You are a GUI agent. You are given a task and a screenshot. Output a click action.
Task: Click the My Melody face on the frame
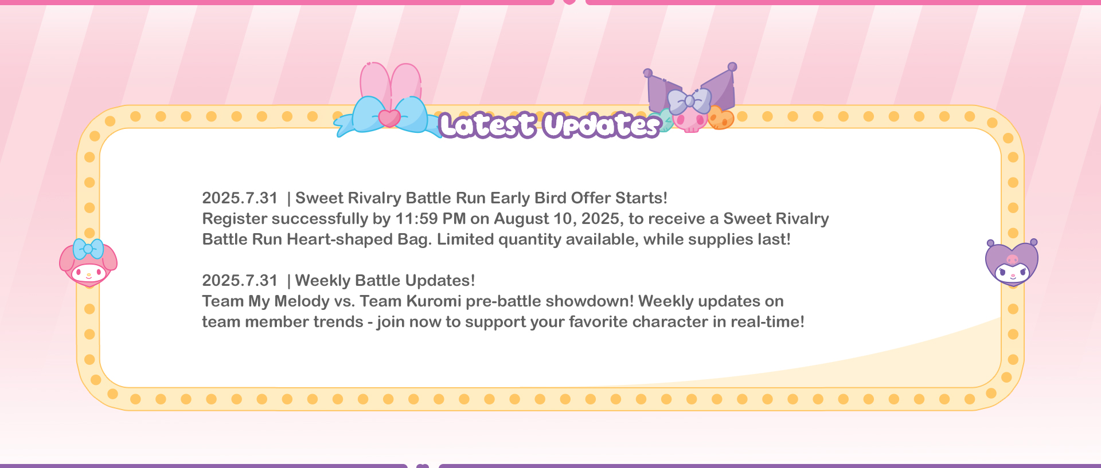pyautogui.click(x=88, y=264)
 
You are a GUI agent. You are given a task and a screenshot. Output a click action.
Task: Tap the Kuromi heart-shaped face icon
pyautogui.click(x=1012, y=262)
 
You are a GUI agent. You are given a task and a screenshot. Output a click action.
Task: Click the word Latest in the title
pyautogui.click(x=488, y=125)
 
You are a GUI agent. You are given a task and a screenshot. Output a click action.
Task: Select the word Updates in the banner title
pyautogui.click(x=602, y=125)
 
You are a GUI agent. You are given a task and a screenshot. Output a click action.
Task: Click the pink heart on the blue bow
pyautogui.click(x=389, y=118)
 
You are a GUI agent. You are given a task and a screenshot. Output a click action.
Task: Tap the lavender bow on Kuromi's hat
pyautogui.click(x=689, y=101)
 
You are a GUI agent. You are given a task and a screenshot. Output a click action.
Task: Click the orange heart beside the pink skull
pyautogui.click(x=721, y=118)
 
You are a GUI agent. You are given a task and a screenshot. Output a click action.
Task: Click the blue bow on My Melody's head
pyautogui.click(x=88, y=249)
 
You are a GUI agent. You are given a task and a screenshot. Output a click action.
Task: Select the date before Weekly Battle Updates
pyautogui.click(x=240, y=281)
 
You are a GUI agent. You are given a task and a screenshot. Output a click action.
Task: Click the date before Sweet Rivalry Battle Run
pyautogui.click(x=240, y=198)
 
